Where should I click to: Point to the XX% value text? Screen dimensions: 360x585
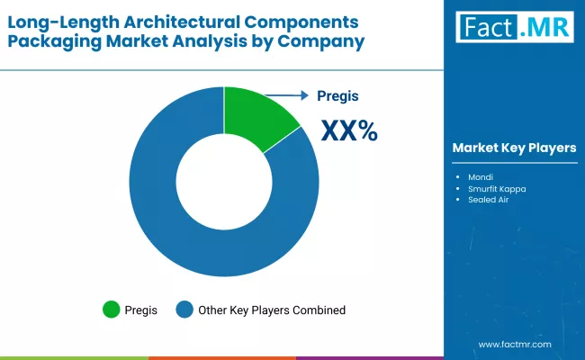350,131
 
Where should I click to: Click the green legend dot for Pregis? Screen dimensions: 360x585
111,310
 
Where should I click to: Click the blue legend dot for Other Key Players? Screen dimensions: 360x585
184,310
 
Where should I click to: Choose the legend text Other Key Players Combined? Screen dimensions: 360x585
272,310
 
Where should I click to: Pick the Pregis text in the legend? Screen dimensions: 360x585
141,310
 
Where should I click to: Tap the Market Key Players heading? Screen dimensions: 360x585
514,148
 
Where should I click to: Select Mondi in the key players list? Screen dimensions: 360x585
480,176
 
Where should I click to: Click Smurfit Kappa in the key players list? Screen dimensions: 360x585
496,188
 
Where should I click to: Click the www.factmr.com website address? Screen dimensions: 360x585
514,344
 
